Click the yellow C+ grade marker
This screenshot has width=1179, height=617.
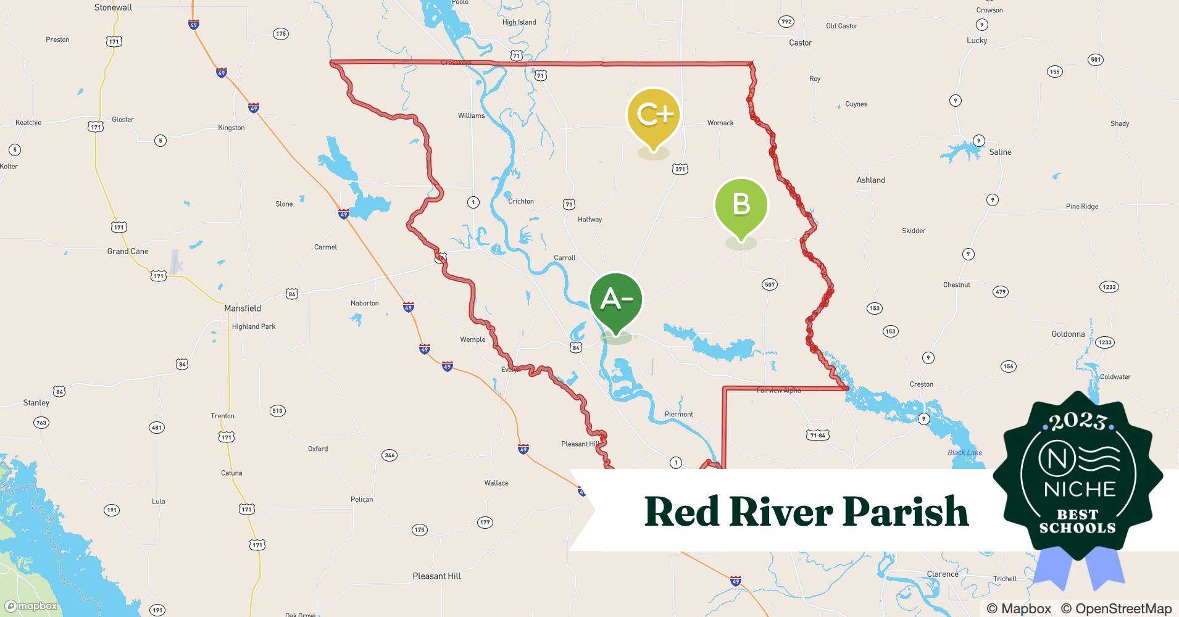[x=653, y=115]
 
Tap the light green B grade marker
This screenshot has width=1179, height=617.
[x=741, y=205]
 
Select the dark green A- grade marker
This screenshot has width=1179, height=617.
[x=616, y=300]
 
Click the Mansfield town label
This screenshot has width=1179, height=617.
[x=243, y=308]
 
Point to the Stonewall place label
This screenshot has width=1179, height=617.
[x=113, y=7]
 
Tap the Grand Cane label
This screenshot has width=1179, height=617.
[x=128, y=251]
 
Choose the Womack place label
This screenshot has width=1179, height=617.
[x=720, y=123]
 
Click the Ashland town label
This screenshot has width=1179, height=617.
[x=870, y=180]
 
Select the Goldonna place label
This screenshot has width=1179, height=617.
[x=1068, y=334]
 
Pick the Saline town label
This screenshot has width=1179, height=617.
[x=1000, y=152]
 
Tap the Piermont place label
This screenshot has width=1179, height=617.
[x=678, y=415]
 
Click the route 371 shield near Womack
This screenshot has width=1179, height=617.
[x=680, y=169]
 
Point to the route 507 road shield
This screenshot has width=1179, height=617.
[x=770, y=284]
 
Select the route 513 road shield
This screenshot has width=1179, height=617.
[x=277, y=411]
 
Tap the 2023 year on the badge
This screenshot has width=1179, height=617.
[x=1077, y=422]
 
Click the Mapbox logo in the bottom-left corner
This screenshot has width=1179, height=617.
[x=31, y=606]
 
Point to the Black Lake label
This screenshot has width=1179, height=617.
[x=965, y=453]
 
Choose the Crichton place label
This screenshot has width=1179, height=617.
[x=521, y=202]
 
